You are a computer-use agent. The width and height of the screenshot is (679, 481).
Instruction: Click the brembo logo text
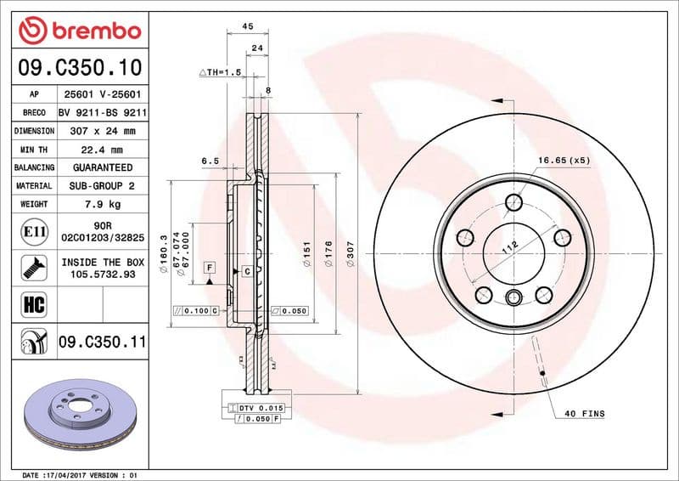point(91,31)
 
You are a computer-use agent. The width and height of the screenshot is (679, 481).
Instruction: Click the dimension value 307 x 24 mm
point(102,131)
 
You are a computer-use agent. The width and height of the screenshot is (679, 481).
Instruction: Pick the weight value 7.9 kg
point(102,205)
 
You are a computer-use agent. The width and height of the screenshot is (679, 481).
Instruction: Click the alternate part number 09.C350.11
point(102,342)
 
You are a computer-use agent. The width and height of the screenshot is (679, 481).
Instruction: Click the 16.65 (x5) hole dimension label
point(563,160)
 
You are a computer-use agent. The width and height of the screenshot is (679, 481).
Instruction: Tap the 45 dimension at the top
point(248,26)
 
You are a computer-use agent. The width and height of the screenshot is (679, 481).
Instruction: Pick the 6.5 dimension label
point(210,160)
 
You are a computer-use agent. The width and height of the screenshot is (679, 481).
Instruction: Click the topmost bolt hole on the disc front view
point(514,202)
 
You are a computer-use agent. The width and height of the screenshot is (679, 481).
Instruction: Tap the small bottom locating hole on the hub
point(514,297)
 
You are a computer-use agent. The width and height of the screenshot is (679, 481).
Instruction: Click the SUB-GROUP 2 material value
point(102,186)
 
